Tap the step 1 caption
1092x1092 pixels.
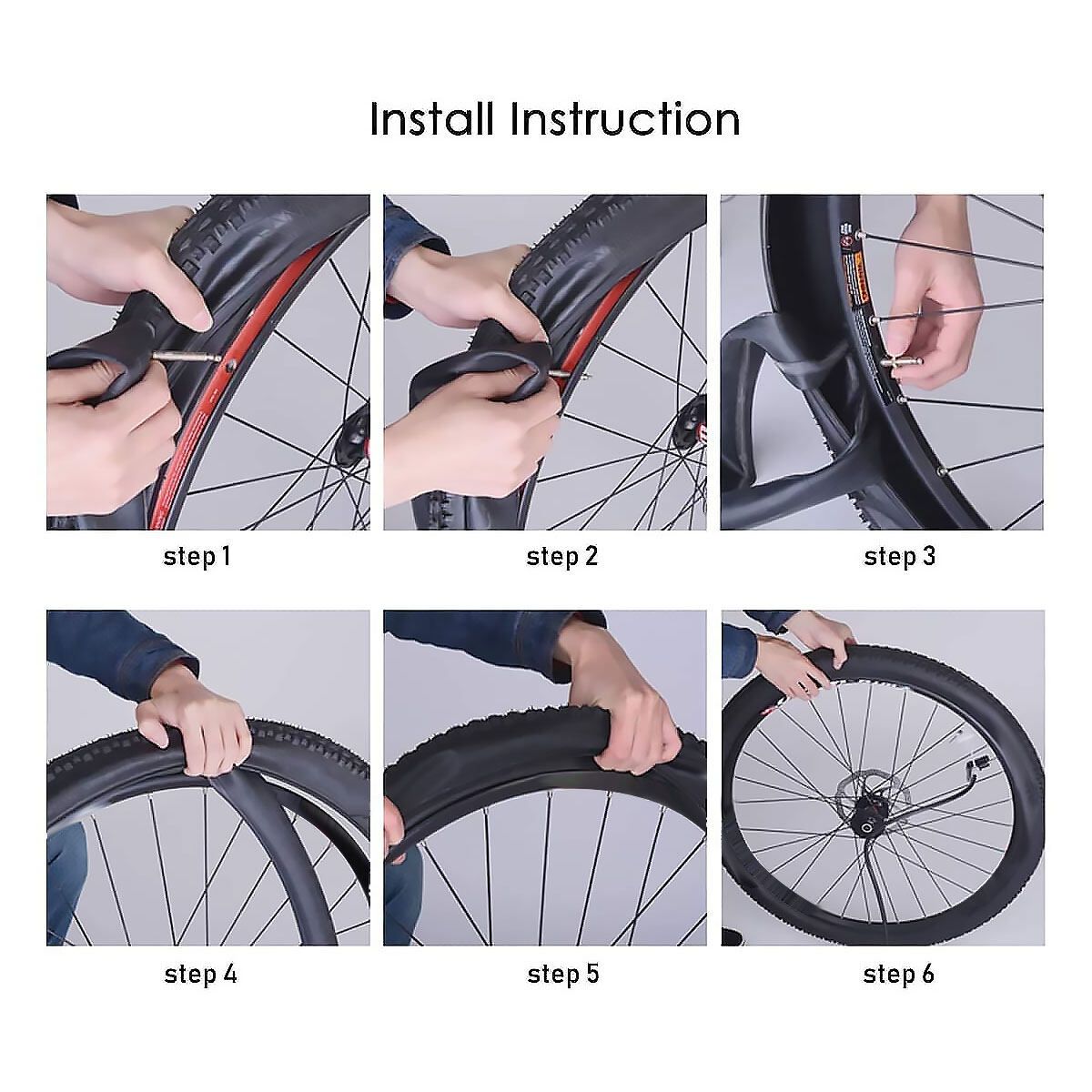(197, 557)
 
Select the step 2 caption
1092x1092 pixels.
(561, 557)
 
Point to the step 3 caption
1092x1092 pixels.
(899, 557)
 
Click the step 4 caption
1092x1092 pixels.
(200, 974)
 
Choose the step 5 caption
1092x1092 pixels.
(562, 974)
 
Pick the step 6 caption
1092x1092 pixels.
(898, 974)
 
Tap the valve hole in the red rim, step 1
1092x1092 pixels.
(231, 366)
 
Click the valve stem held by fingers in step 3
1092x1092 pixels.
(901, 361)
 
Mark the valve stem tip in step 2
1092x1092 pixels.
(588, 375)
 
